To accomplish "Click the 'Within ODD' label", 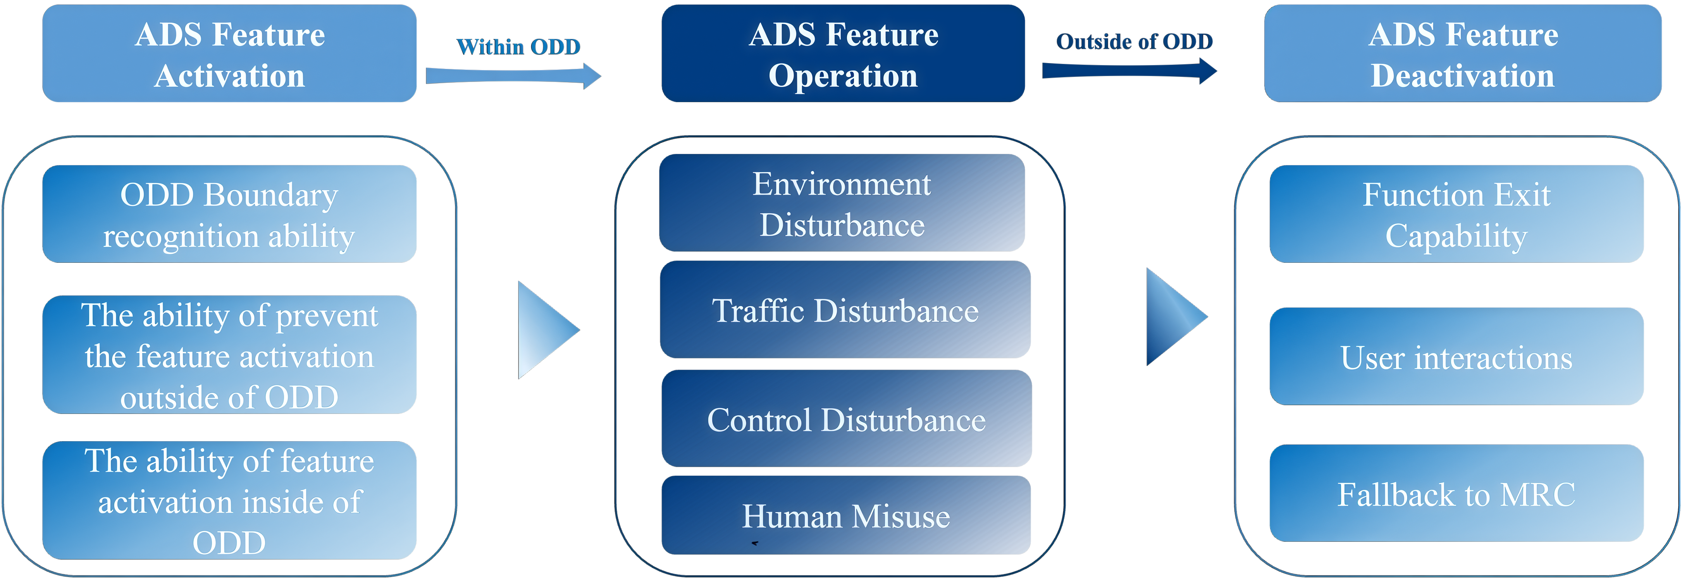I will (x=518, y=47).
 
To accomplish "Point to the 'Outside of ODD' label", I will (x=1134, y=42).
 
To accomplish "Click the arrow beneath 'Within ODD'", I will (x=513, y=76).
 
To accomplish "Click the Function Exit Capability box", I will (x=1456, y=215).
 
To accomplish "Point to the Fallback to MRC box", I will (x=1456, y=494).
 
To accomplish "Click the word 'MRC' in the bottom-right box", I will (x=1538, y=495).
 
